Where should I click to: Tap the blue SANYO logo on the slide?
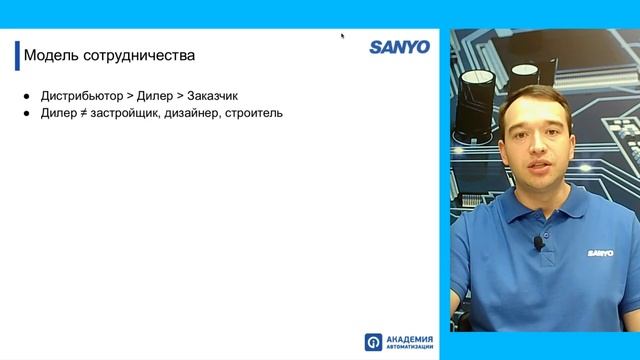[x=399, y=47]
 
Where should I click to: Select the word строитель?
[x=260, y=113]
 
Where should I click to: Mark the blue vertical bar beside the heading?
[x=17, y=54]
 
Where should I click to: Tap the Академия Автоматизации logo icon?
[x=373, y=342]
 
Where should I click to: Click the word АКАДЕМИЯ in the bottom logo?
[x=406, y=338]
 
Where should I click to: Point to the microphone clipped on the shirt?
[x=538, y=242]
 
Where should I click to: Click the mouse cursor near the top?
[x=342, y=35]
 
